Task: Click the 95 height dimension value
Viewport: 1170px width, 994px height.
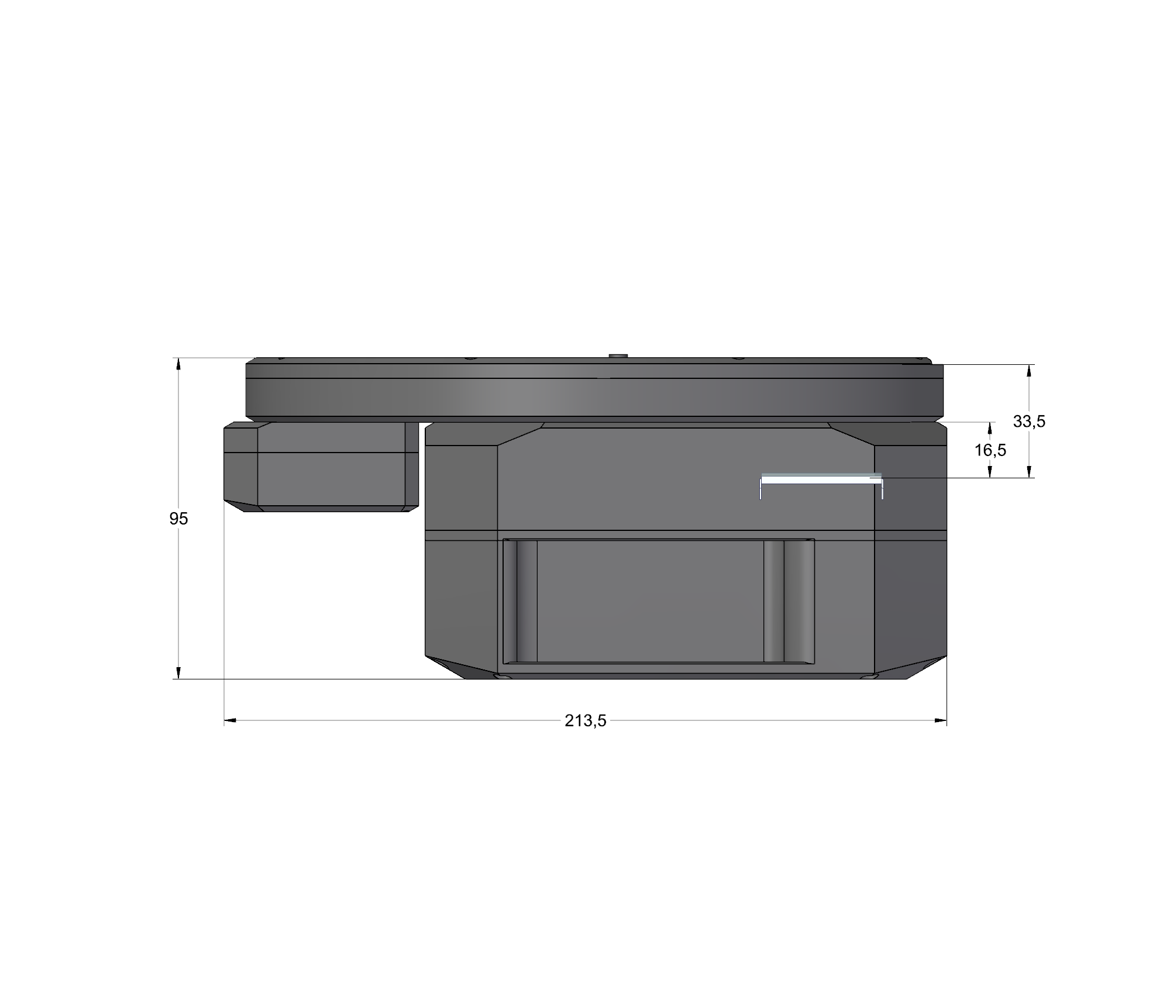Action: click(178, 519)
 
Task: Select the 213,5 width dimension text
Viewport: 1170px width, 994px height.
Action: click(585, 721)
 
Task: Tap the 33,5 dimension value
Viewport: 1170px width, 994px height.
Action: click(1029, 421)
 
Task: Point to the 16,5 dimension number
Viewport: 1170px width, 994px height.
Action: click(990, 450)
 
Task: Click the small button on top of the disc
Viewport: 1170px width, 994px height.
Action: click(618, 356)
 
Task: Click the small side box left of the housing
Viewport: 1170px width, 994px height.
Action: click(321, 467)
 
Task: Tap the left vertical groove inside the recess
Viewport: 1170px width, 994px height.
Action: click(520, 601)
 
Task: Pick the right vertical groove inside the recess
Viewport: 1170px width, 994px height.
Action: click(789, 601)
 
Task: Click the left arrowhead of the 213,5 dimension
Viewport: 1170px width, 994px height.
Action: click(229, 721)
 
